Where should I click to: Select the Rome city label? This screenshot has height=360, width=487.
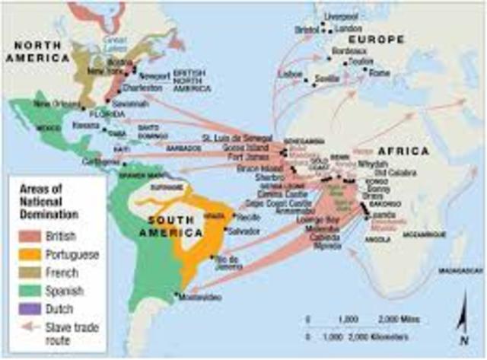pyautogui.click(x=379, y=74)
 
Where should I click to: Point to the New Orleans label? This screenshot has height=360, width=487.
pyautogui.click(x=52, y=103)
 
